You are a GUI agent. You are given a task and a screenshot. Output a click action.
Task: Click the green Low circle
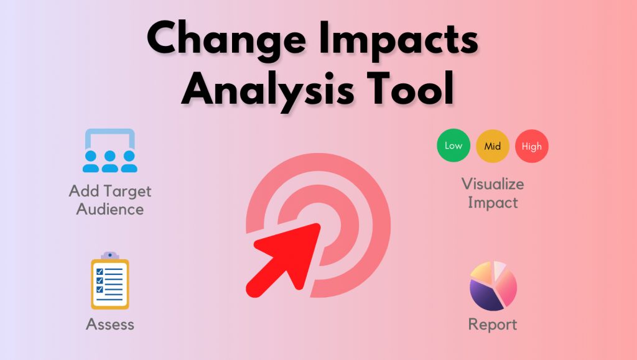[453, 146]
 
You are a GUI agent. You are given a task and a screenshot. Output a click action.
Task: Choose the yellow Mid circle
[493, 146]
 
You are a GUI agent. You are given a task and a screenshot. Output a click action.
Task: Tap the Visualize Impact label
[493, 193]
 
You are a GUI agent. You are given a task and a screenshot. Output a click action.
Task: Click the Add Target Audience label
[110, 200]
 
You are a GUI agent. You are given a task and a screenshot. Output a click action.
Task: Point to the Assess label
[110, 324]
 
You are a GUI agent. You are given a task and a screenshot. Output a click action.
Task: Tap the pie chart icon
[493, 286]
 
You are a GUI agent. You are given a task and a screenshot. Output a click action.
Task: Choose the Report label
[493, 325]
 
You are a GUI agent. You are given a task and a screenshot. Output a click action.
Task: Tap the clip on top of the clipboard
[110, 256]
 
